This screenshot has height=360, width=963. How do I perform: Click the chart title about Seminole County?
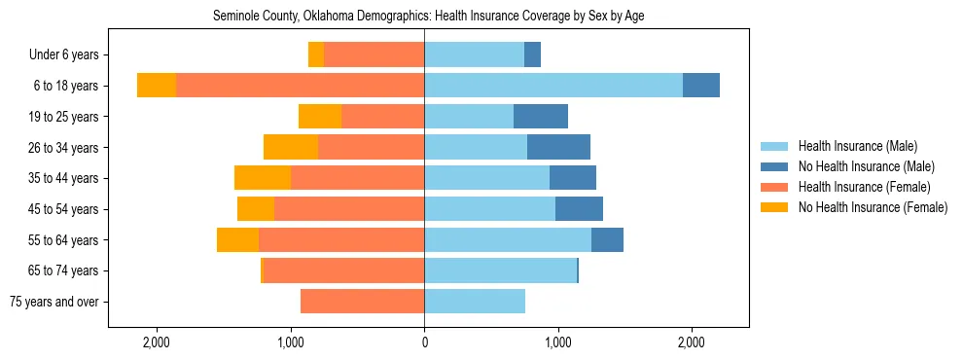(428, 16)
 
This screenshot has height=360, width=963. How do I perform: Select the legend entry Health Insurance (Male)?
(857, 146)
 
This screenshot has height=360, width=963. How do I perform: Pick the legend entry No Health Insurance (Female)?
(872, 207)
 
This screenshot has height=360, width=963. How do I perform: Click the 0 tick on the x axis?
(424, 343)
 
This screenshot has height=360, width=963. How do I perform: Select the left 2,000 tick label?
(158, 343)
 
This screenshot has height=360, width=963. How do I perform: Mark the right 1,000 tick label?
(557, 343)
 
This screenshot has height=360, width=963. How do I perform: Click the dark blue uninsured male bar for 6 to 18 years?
(701, 86)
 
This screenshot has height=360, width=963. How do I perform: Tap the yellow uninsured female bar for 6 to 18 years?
(157, 86)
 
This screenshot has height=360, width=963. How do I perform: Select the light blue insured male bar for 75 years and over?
(475, 302)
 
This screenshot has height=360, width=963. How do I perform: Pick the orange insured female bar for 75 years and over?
(362, 302)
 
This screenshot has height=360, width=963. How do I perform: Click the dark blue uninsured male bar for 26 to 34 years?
(558, 147)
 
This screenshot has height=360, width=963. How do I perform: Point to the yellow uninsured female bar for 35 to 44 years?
(263, 178)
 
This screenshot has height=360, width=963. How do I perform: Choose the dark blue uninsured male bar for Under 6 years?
(532, 54)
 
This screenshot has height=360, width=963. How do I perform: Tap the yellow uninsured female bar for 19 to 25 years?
(320, 117)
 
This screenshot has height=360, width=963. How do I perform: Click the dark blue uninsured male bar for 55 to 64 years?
(607, 239)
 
